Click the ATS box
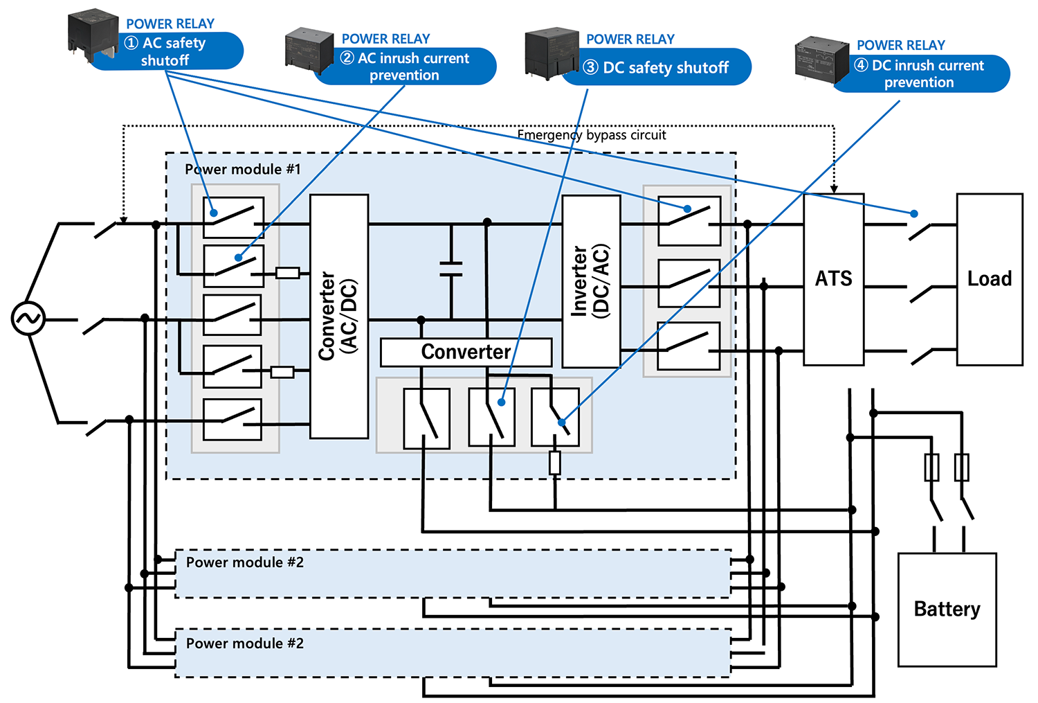coord(833,279)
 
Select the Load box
coord(989,279)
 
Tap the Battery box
coord(947,609)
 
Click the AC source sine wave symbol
coord(28,319)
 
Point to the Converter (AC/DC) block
coord(338,317)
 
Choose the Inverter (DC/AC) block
coord(590,281)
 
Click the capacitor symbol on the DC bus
coord(451,269)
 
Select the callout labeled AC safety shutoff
coord(166,51)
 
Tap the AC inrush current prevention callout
coord(406,66)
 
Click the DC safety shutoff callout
coord(656,67)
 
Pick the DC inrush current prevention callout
coord(920,73)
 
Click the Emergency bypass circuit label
coord(592,135)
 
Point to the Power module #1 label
coord(242,170)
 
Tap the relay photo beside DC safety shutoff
coord(552,53)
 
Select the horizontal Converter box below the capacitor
coord(466,352)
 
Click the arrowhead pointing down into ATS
coord(834,188)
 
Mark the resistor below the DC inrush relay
coord(554,463)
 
